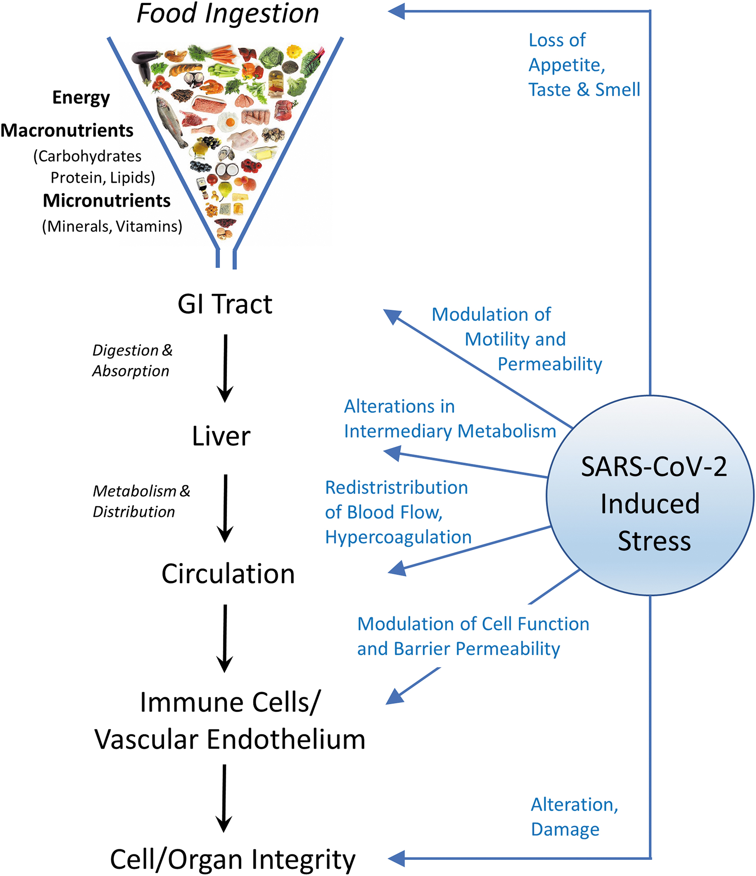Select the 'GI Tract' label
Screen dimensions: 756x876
point(225,304)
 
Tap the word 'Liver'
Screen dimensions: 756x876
point(221,436)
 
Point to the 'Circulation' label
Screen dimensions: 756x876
point(228,574)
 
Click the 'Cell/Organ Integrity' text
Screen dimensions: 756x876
point(233,860)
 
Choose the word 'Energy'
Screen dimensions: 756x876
point(81,98)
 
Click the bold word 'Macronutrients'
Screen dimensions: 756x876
point(67,130)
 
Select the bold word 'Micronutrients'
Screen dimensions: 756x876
point(106,200)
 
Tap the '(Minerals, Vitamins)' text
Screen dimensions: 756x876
point(112,227)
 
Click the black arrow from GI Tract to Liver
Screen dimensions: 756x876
point(225,368)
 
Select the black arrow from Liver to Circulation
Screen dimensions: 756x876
point(225,509)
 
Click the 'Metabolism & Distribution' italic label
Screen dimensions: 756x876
point(141,501)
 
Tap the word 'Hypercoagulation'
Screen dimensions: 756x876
point(398,537)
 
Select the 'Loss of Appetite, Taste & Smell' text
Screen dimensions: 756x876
point(584,65)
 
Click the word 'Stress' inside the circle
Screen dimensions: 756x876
point(654,541)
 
